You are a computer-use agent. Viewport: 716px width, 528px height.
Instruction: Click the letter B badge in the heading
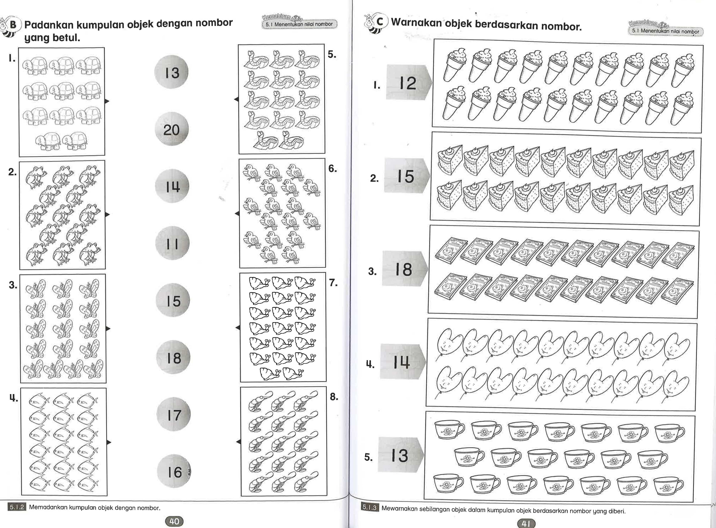point(13,25)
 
